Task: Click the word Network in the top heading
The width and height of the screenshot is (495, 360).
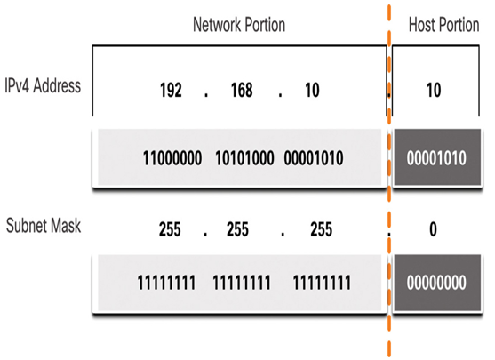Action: pos(217,25)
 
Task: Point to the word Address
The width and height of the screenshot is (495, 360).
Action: pos(57,85)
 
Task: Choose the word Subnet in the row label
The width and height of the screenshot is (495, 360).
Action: pos(26,226)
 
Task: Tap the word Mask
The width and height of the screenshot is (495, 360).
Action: pos(66,226)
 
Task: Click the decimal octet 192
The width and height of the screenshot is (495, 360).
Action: pos(171,90)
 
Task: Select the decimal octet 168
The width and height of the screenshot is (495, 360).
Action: pos(242,90)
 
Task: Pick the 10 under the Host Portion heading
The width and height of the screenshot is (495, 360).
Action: pos(434,90)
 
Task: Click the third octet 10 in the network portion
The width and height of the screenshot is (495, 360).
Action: pos(312,90)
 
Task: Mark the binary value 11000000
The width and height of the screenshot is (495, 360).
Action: pos(172,158)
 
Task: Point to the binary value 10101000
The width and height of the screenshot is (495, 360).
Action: pos(244,158)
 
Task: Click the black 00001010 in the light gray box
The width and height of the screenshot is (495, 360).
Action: pos(314,158)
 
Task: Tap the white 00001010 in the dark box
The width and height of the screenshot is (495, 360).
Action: pos(436,158)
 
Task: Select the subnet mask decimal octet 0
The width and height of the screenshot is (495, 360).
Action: pos(433,229)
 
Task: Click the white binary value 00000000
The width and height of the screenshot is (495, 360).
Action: pos(436,283)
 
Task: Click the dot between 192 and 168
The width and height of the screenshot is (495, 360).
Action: pos(206,94)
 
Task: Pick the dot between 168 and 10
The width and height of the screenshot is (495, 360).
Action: pos(280,94)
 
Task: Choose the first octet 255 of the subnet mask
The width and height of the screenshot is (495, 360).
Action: pos(170,229)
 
